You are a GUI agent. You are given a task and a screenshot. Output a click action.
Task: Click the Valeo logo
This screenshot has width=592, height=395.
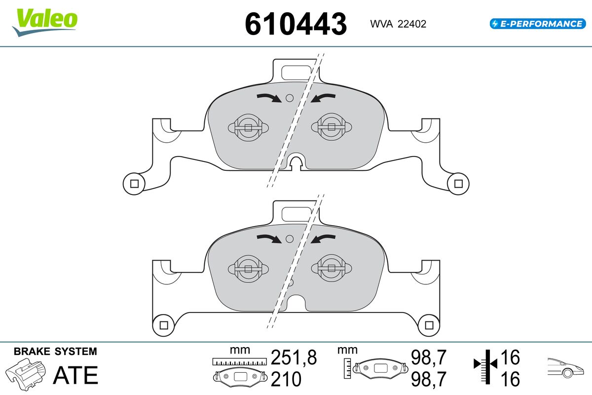coord(45,23)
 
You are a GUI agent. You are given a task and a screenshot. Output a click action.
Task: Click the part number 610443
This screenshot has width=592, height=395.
coord(296,24)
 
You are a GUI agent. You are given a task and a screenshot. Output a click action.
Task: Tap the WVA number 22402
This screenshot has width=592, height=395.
coord(412,24)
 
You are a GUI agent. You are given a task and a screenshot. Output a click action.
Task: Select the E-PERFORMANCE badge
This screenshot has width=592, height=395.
coord(538,24)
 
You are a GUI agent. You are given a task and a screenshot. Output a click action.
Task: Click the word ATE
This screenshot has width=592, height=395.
coord(76,375)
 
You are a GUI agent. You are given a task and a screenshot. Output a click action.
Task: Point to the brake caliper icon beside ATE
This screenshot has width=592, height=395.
coord(26,374)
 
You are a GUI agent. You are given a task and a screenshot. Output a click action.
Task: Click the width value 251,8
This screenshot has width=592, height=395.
coord(294,357)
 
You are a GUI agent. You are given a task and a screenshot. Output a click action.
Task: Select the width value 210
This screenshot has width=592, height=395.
coord(286,379)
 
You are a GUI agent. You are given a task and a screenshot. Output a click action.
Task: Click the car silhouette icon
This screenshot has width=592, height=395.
coord(565,368)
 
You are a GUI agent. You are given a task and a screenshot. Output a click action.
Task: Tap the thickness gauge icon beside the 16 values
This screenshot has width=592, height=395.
coord(485,367)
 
